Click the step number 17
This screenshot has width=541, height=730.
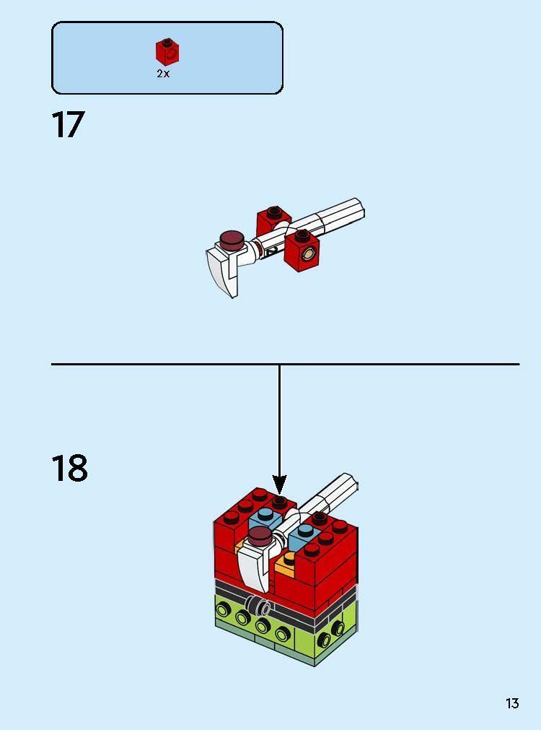tap(68, 125)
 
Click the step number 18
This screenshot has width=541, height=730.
tap(69, 469)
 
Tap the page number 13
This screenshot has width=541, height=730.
tap(512, 703)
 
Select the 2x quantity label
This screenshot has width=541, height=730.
tap(163, 74)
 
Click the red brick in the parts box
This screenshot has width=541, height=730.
tap(167, 52)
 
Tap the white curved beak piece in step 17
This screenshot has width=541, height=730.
tap(224, 271)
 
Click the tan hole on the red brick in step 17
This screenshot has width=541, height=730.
tap(309, 253)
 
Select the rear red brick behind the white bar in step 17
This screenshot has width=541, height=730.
tap(273, 220)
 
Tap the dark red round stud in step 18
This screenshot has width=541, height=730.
tap(259, 535)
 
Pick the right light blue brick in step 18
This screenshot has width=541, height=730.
tap(304, 535)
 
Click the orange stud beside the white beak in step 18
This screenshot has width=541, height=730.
tap(289, 559)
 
